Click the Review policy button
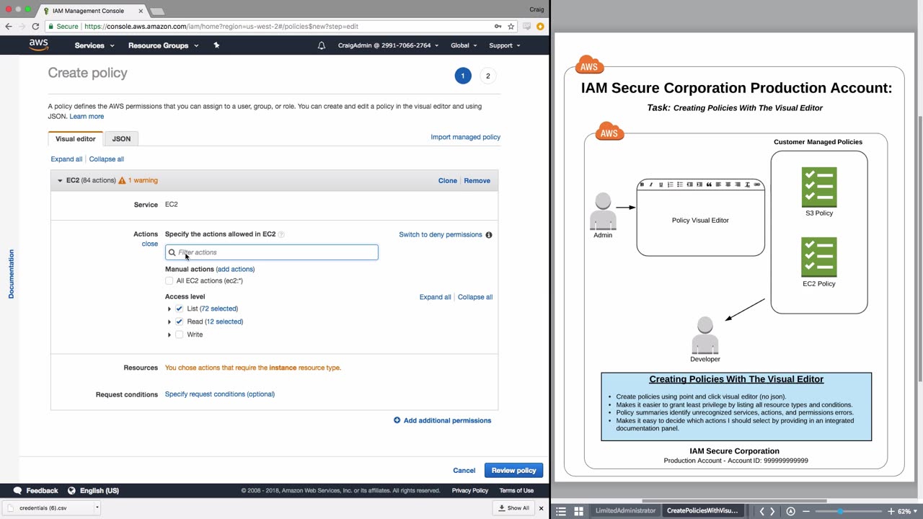pos(513,471)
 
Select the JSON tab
pos(121,138)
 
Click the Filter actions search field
pos(274,252)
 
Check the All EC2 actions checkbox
pos(169,281)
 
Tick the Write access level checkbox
pos(180,334)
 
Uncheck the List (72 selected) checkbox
pos(180,309)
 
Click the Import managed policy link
pos(465,137)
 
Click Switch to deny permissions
pos(440,234)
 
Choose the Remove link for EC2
pos(477,181)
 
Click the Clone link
pos(447,181)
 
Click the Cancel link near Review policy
pos(464,471)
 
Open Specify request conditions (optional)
pos(219,394)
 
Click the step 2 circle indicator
pos(487,76)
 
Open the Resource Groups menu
pos(163,45)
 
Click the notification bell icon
pos(322,45)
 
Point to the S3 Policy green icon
pos(819,187)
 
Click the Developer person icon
pos(705,335)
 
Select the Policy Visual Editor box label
pos(700,221)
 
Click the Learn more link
pos(87,116)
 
